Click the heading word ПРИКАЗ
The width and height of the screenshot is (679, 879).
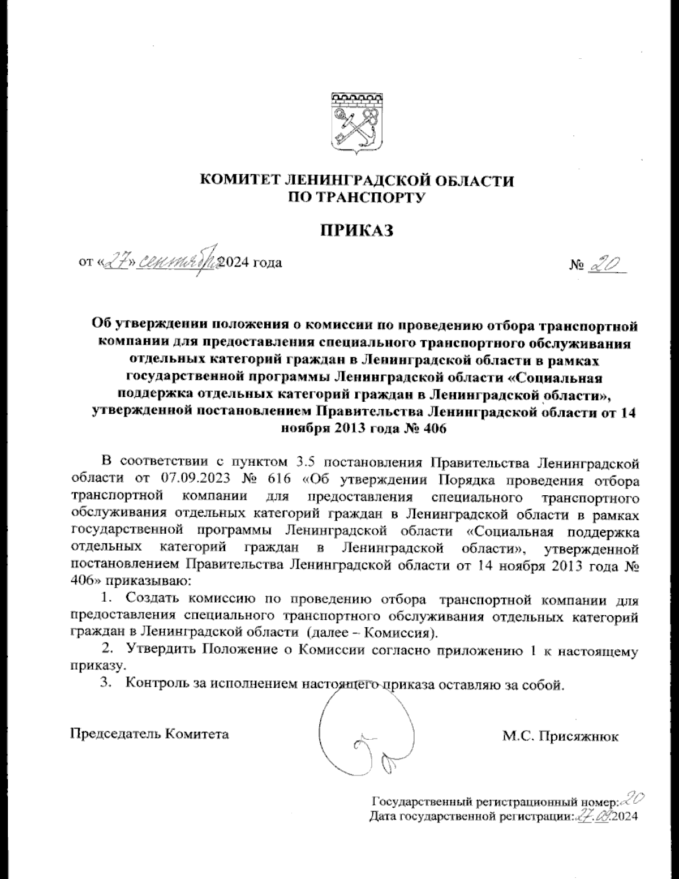[356, 230]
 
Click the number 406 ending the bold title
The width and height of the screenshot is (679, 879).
[433, 428]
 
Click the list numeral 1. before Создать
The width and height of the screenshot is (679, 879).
[106, 598]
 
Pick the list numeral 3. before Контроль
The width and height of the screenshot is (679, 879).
[106, 684]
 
